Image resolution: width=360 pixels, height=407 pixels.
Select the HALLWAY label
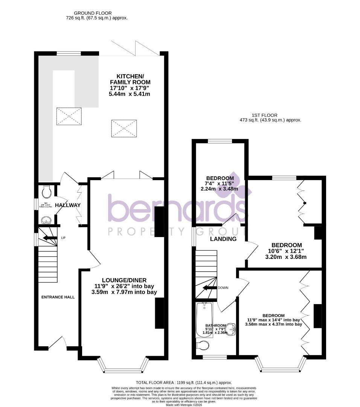pos(68,205)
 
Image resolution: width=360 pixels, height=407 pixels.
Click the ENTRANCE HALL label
pos(58,297)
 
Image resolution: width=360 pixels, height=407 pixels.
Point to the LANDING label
pos(223,239)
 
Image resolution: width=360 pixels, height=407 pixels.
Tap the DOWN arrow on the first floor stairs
pos(210,288)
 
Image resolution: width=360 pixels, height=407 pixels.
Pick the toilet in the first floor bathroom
pos(203,345)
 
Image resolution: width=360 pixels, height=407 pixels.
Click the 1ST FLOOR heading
pos(265,115)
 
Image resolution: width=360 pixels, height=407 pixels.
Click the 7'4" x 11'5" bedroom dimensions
pos(220,184)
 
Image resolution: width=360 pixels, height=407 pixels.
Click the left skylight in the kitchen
pos(69,116)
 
